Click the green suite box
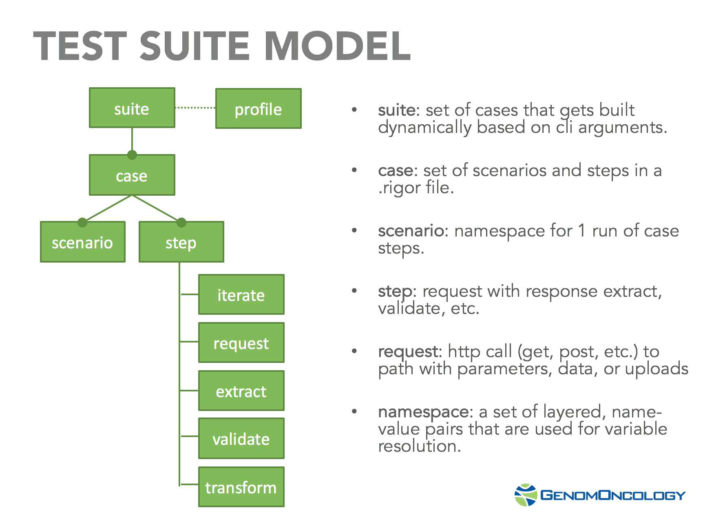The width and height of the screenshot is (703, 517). [132, 108]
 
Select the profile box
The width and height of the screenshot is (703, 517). [258, 109]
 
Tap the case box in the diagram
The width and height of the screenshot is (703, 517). [132, 175]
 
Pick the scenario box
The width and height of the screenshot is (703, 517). [82, 242]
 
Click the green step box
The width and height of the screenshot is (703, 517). [181, 242]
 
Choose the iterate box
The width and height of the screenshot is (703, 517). [241, 294]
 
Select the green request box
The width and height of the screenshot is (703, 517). [241, 343]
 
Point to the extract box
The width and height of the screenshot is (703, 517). [241, 391]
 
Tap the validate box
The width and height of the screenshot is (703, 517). [241, 439]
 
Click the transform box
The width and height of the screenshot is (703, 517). [241, 487]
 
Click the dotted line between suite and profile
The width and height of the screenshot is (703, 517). [195, 108]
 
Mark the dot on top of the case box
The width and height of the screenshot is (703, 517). [132, 155]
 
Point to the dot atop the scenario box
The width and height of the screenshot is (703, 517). [82, 222]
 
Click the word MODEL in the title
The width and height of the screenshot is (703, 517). [338, 46]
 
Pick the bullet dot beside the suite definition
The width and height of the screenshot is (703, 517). [354, 110]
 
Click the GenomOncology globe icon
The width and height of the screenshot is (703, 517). [526, 495]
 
